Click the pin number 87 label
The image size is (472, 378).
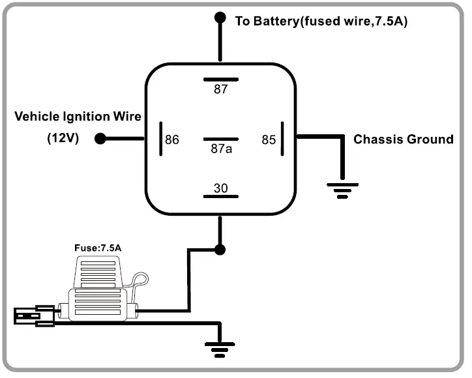pyautogui.click(x=221, y=90)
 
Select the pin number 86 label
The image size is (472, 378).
pyautogui.click(x=172, y=139)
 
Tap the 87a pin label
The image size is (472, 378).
pyautogui.click(x=221, y=149)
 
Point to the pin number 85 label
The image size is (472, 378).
pyautogui.click(x=269, y=139)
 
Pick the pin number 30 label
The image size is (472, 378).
pyautogui.click(x=221, y=188)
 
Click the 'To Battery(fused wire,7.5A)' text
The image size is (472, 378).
pyautogui.click(x=321, y=21)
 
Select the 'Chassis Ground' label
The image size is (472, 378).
pyautogui.click(x=403, y=139)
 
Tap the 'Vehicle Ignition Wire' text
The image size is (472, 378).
pyautogui.click(x=78, y=117)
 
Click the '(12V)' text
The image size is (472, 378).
pyautogui.click(x=63, y=138)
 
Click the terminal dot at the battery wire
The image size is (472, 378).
pyautogui.click(x=220, y=19)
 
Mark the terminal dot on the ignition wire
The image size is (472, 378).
pyautogui.click(x=100, y=139)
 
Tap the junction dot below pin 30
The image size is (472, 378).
pyautogui.click(x=220, y=249)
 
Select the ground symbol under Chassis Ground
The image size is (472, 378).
pyautogui.click(x=339, y=190)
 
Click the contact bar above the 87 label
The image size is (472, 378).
pyautogui.click(x=220, y=80)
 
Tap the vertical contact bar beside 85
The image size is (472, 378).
pyautogui.click(x=283, y=139)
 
